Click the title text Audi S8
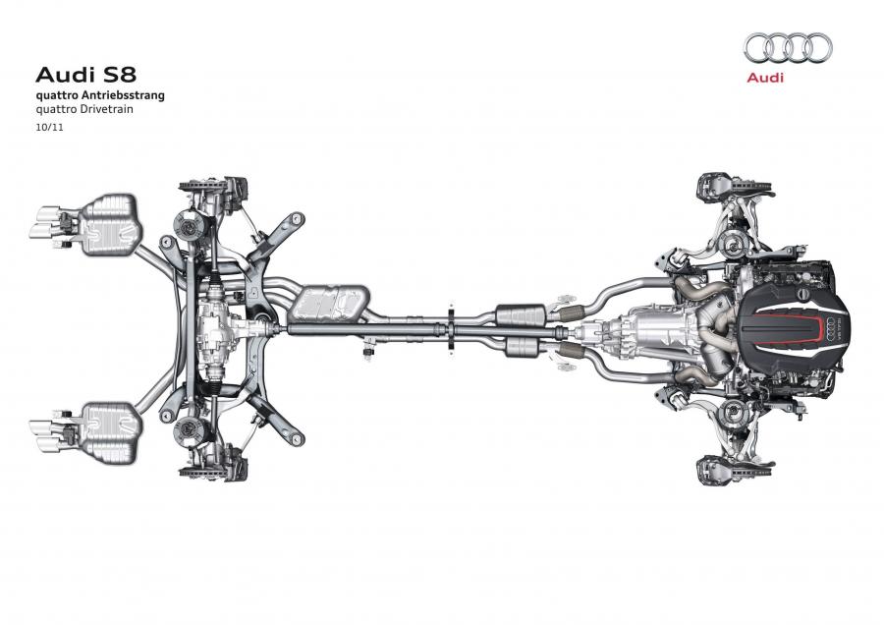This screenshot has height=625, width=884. [85, 75]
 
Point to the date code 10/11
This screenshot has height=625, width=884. [50, 128]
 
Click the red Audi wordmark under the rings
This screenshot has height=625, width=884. [765, 78]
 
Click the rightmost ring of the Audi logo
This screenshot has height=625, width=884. [818, 48]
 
